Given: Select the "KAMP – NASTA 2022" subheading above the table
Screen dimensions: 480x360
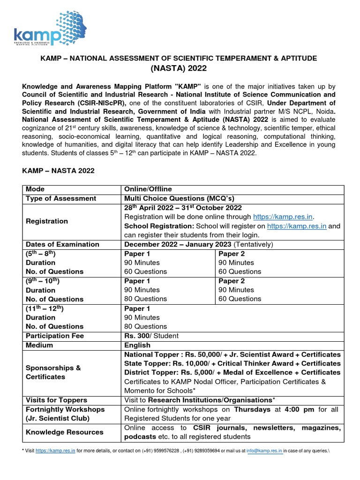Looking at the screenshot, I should pos(59,171).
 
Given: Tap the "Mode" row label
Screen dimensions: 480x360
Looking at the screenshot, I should pos(36,189).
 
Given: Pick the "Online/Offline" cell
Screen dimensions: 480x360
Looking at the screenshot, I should pos(145,189).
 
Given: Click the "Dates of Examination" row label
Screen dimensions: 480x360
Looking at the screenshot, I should pos(62,244).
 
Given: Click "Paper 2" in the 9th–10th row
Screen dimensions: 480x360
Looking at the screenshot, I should pos(232,281).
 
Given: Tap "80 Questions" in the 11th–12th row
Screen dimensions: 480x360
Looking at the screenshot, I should pos(145,326).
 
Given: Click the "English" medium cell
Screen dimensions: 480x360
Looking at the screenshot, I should pos(137,345).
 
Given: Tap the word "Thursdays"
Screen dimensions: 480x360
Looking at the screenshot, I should pos(253,409).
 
